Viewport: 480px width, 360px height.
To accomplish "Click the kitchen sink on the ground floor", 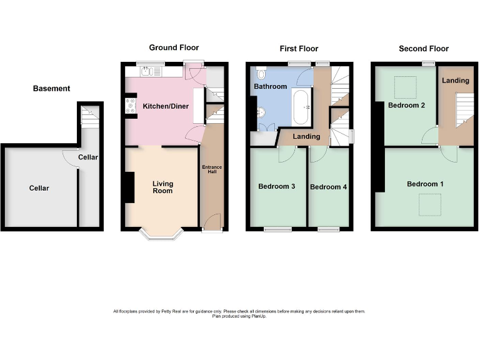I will pyautogui.click(x=147, y=71).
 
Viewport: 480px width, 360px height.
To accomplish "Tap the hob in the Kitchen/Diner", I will pyautogui.click(x=131, y=106).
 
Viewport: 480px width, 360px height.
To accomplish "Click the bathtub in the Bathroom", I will pyautogui.click(x=301, y=107).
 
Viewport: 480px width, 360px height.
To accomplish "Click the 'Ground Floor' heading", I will pyautogui.click(x=174, y=48).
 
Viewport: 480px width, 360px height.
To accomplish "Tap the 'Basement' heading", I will pyautogui.click(x=51, y=89).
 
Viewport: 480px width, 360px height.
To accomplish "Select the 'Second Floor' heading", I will pyautogui.click(x=424, y=49).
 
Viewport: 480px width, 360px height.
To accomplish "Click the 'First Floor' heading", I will pyautogui.click(x=298, y=49).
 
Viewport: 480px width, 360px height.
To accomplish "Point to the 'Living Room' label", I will pyautogui.click(x=162, y=187).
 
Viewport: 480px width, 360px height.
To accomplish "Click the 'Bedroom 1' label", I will pyautogui.click(x=425, y=184).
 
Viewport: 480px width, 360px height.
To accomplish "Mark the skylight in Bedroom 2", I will pyautogui.click(x=407, y=85).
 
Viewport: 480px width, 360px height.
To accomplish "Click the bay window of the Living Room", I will pyautogui.click(x=161, y=236).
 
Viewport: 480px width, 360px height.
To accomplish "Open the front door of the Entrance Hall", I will pyautogui.click(x=212, y=222).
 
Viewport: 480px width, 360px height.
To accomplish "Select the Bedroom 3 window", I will pyautogui.click(x=277, y=230).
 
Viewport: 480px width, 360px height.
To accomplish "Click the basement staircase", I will pyautogui.click(x=87, y=117).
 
